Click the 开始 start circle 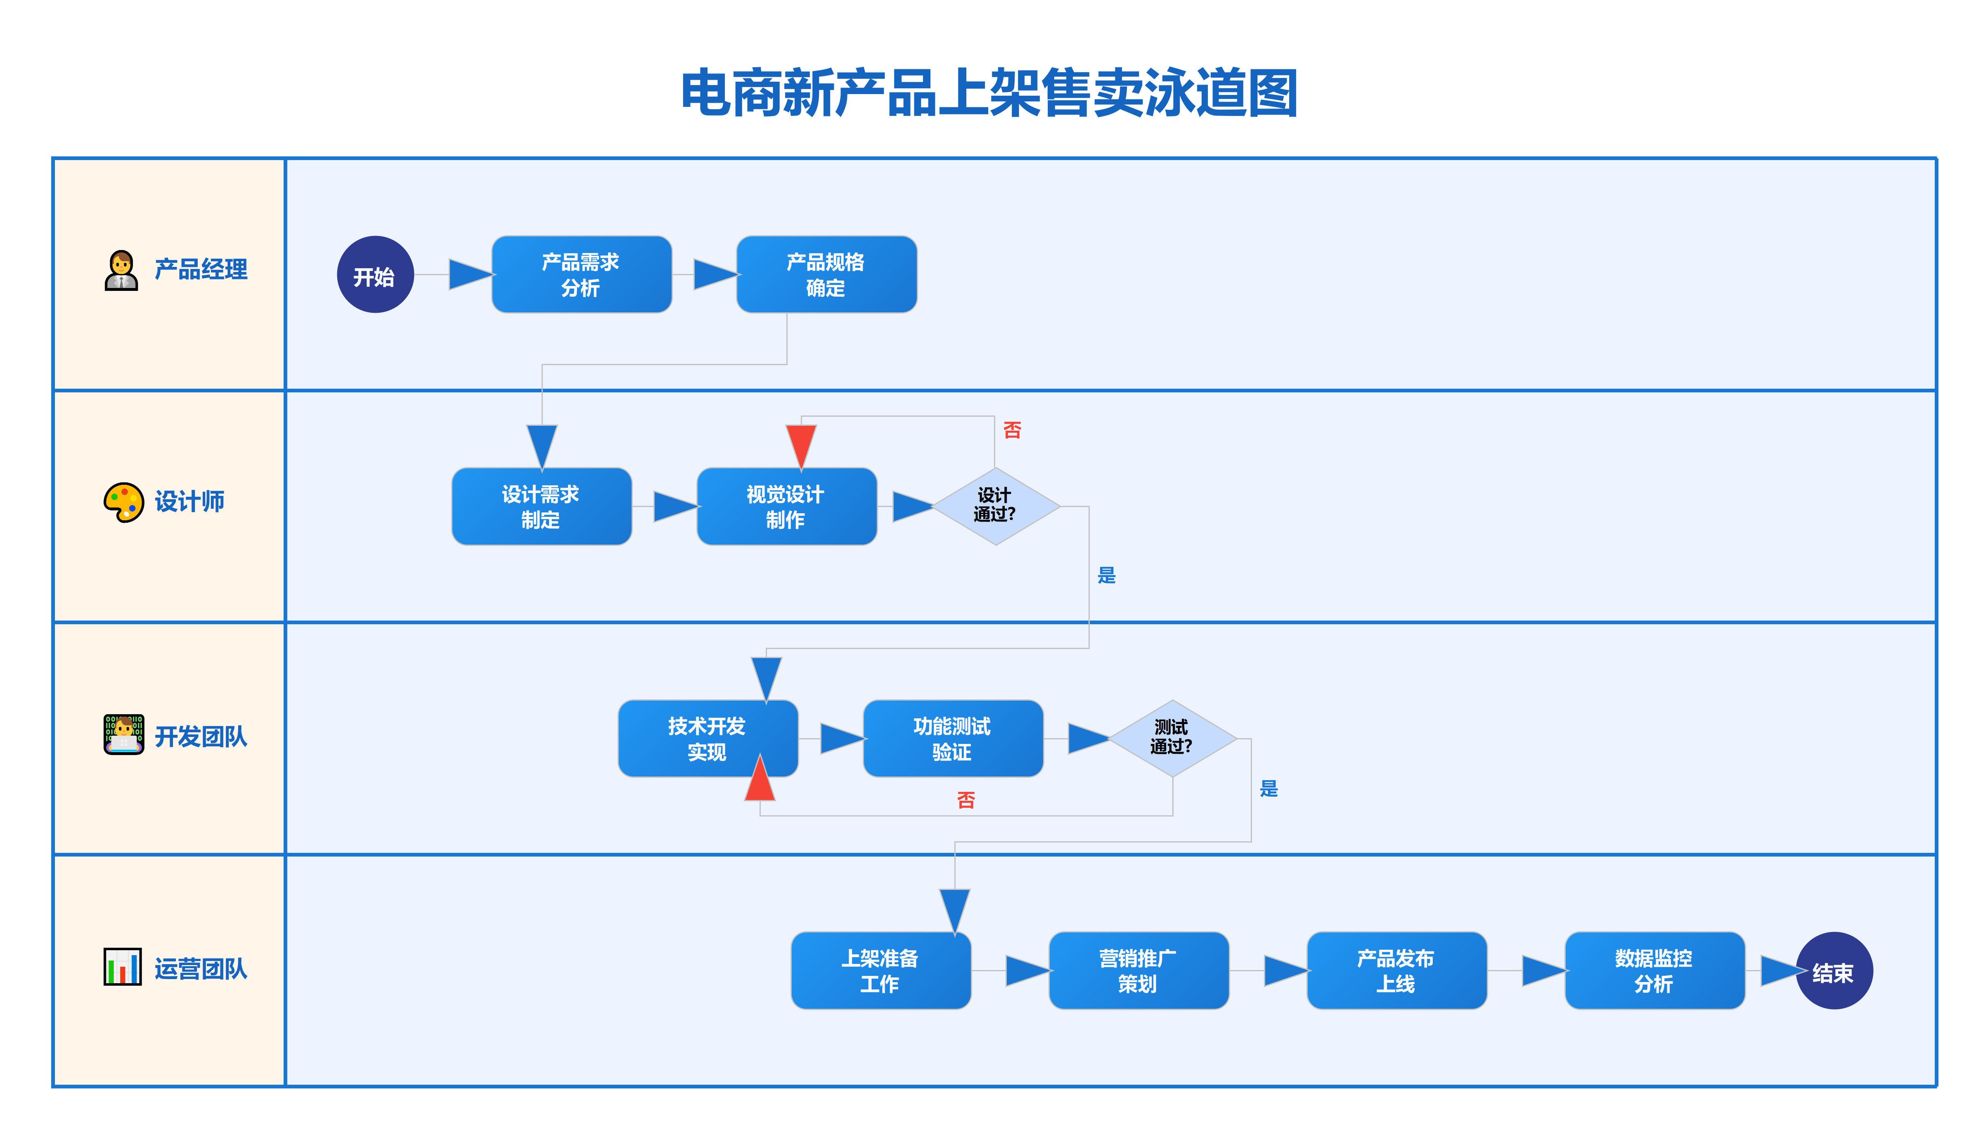click(x=375, y=275)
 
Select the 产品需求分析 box click(x=581, y=275)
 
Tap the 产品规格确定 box click(x=826, y=275)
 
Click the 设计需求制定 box click(x=541, y=507)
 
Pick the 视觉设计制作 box click(x=786, y=507)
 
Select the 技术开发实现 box click(x=707, y=738)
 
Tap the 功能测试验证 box click(x=952, y=738)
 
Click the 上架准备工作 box click(x=880, y=971)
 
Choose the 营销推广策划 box click(x=1138, y=971)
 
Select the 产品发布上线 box click(x=1396, y=971)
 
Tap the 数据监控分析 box click(x=1654, y=971)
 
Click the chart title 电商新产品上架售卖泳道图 click(x=990, y=93)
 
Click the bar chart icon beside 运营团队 click(x=123, y=967)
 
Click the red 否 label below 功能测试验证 click(x=966, y=800)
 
